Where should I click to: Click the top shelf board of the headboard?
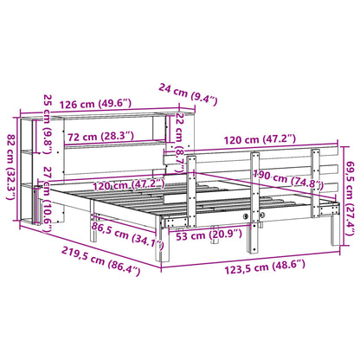pos(104,120)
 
